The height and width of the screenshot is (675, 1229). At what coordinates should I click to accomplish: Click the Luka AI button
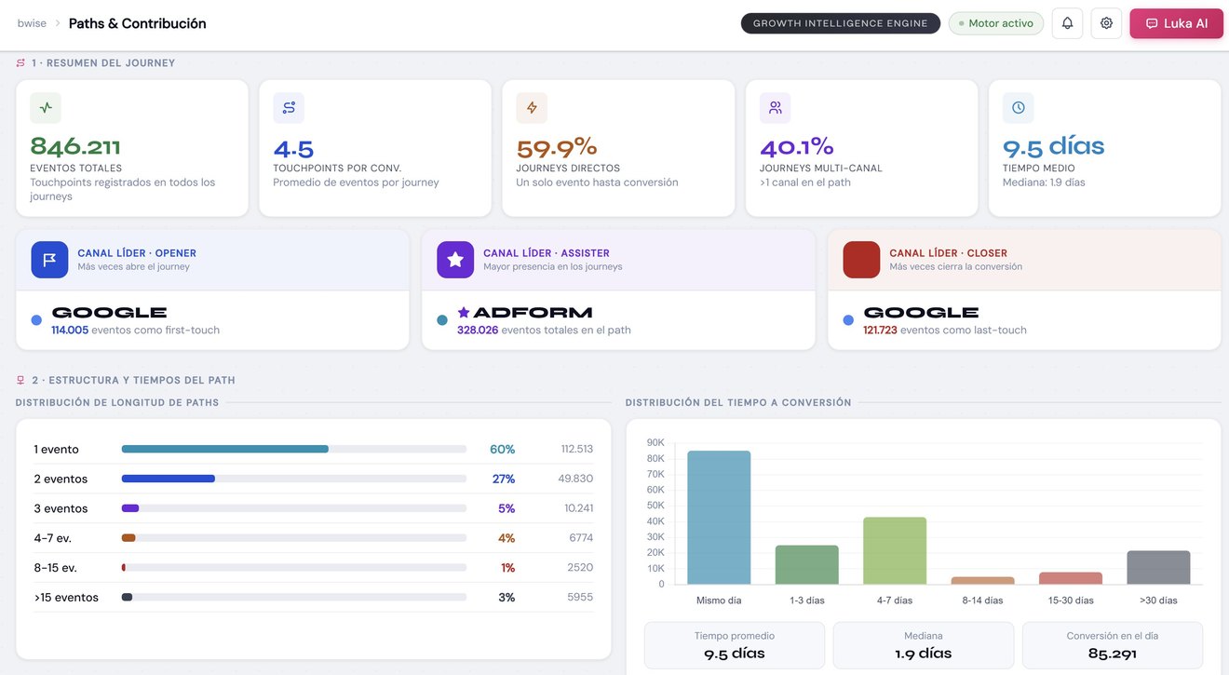[x=1176, y=23]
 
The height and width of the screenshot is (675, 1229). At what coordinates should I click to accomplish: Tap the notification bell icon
[x=1067, y=23]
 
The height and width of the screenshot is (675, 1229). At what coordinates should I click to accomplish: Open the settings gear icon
[x=1106, y=23]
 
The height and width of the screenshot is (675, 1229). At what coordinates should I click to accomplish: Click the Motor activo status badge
[x=996, y=23]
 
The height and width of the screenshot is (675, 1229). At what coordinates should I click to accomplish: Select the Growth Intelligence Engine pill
[x=840, y=23]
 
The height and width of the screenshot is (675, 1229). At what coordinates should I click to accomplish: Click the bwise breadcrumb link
[x=32, y=23]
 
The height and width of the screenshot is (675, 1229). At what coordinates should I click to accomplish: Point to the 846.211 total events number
[x=75, y=146]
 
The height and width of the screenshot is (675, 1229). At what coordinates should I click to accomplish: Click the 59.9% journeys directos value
[x=557, y=147]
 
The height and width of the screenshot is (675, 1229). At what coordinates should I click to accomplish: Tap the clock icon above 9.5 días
[x=1019, y=108]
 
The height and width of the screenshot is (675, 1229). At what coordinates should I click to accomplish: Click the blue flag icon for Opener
[x=49, y=260]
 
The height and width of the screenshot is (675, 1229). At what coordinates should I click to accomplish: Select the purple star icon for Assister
[x=455, y=260]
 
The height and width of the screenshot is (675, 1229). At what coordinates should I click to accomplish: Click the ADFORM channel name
[x=533, y=313]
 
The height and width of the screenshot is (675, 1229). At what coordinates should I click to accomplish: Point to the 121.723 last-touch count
[x=880, y=331]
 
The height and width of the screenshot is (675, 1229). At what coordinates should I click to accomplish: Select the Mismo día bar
[x=719, y=518]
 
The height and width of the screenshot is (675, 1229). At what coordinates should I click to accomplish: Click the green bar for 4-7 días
[x=895, y=551]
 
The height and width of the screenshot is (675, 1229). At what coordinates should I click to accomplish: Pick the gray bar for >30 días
[x=1158, y=567]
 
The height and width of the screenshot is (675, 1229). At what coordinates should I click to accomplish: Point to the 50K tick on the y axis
[x=655, y=506]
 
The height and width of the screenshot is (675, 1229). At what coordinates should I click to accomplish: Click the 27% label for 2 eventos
[x=503, y=479]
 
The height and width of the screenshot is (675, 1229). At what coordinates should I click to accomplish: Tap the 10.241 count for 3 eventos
[x=578, y=508]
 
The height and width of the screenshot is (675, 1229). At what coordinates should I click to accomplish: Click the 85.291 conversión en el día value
[x=1112, y=654]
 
